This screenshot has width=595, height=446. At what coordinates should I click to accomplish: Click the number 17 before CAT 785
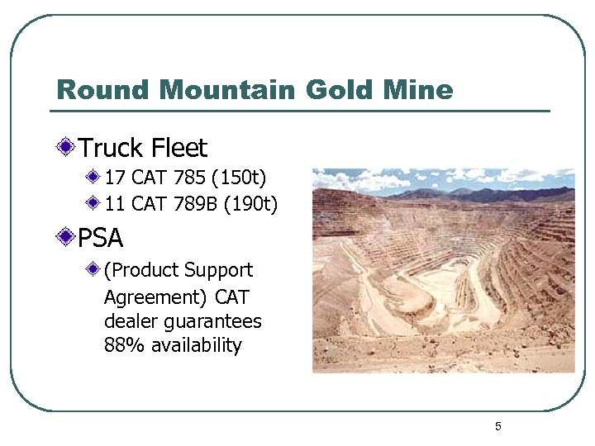point(116,178)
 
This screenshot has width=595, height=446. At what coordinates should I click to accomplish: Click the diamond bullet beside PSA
point(65,239)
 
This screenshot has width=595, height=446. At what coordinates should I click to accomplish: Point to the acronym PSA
point(101,239)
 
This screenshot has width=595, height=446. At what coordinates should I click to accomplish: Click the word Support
point(219,270)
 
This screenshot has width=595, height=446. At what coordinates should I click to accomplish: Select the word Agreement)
point(156,297)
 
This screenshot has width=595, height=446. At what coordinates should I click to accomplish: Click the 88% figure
point(121,345)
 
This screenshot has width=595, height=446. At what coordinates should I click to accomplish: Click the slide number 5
point(498,426)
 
